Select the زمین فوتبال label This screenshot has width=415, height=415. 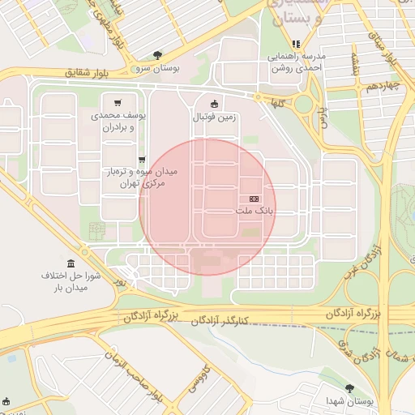214,117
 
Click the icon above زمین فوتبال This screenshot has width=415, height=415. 214,104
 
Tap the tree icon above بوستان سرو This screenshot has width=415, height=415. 157,55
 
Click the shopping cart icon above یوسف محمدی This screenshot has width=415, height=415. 119,103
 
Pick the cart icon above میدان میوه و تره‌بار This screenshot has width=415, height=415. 143,160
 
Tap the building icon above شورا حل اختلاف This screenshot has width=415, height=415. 71,263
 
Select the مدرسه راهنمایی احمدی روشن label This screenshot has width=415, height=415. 296,62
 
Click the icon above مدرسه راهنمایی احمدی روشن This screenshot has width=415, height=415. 296,44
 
